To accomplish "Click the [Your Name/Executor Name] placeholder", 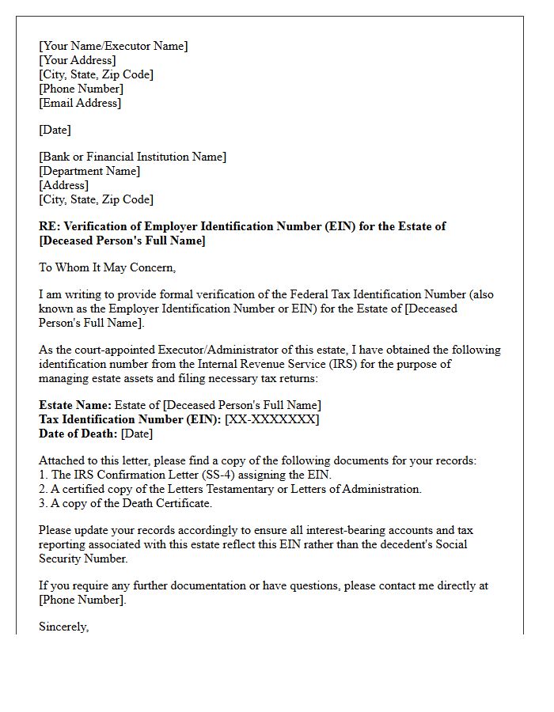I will pos(113,46).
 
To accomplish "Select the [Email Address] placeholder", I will pos(80,103).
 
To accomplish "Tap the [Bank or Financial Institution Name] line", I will pos(132,157).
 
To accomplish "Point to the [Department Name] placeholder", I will pos(89,171).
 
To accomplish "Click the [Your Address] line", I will pos(77,60).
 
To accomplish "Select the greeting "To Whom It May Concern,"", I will pos(107,267).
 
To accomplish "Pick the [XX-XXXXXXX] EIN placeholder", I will pos(272,419).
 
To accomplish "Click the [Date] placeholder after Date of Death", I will pos(137,434).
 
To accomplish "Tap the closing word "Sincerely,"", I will pos(64,627).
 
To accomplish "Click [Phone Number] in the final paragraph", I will pos(82,600).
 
